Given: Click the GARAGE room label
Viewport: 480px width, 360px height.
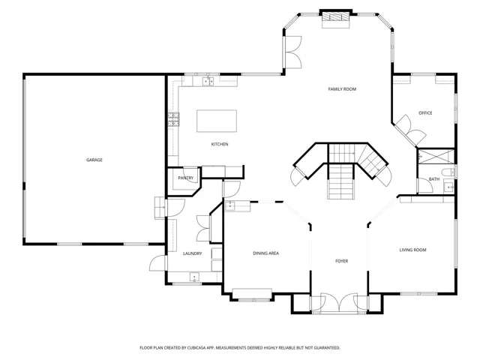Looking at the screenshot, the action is [x=94, y=160].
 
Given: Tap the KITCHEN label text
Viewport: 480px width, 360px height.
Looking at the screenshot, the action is [x=220, y=144].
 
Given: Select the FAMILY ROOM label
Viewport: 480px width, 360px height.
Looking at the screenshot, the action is [x=342, y=89].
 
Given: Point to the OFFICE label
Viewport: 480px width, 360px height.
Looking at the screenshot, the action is [x=425, y=113].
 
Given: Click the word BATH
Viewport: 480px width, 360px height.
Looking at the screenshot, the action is [x=434, y=179].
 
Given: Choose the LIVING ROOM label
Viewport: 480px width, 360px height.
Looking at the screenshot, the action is [x=413, y=250].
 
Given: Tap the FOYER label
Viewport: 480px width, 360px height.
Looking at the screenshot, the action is [x=342, y=261].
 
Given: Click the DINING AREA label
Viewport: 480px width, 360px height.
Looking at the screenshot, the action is [x=266, y=253].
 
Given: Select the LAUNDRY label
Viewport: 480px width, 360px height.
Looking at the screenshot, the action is [x=193, y=253].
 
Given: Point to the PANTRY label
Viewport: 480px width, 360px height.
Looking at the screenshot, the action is [x=186, y=178].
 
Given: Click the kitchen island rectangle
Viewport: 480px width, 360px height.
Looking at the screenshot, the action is [x=217, y=121].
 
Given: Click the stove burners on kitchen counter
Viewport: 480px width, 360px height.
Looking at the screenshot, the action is [x=173, y=119].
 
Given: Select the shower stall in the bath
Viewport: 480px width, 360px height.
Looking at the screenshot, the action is [x=436, y=157].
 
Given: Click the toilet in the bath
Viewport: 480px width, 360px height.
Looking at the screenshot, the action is [x=448, y=172].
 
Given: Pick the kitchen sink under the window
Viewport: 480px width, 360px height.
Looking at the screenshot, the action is [x=208, y=82].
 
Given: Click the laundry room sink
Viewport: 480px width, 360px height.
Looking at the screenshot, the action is [x=194, y=277].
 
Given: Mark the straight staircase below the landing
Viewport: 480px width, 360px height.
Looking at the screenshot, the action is [x=341, y=181].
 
